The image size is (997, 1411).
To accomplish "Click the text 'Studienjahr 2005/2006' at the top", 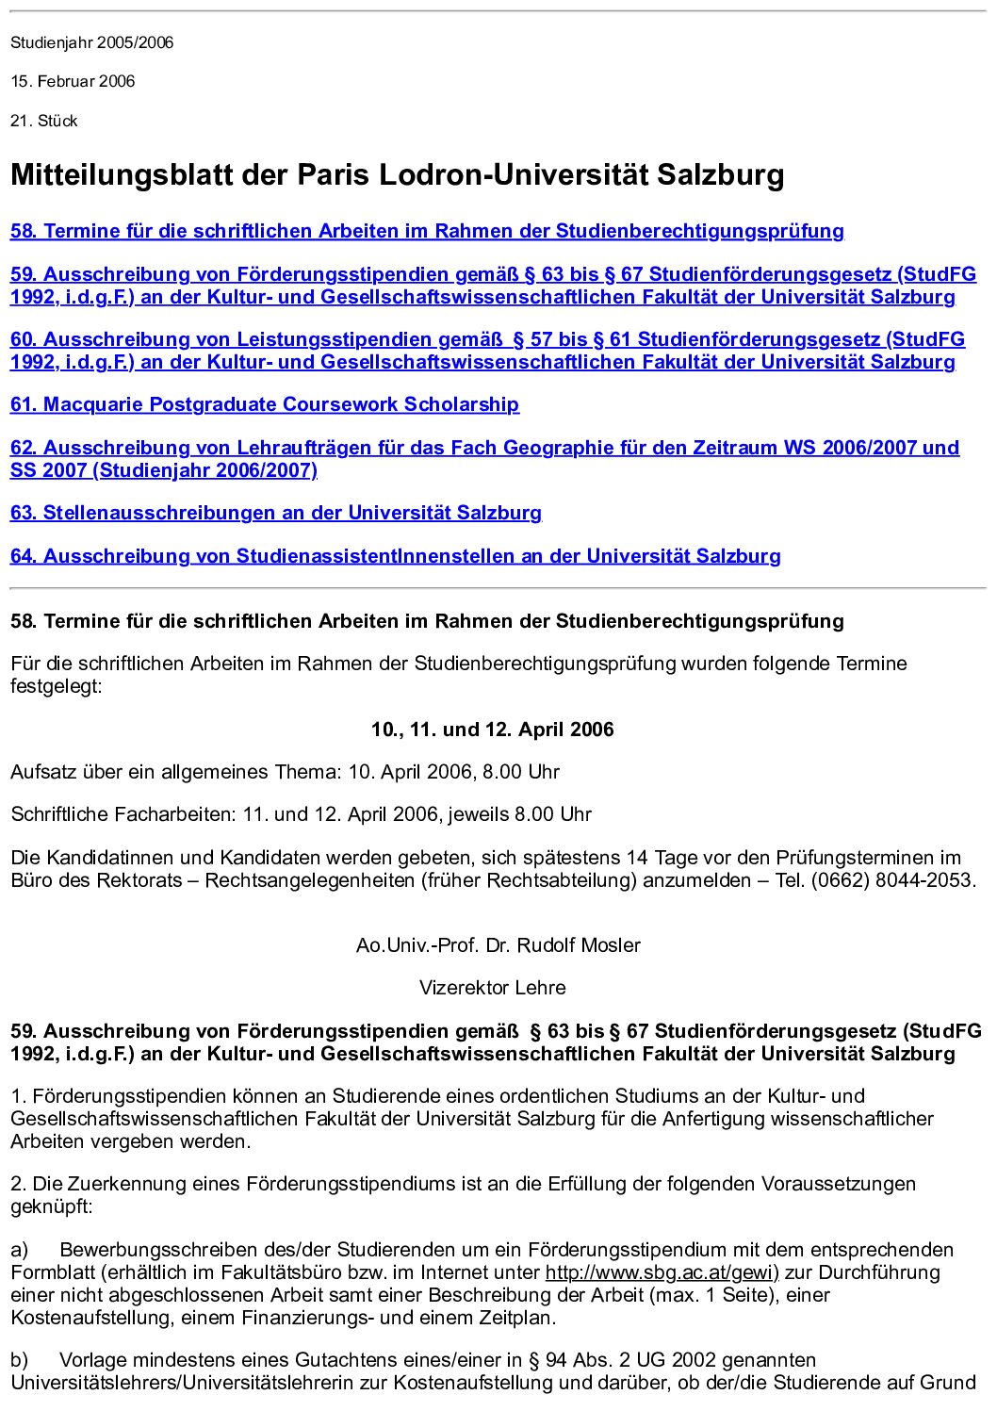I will [x=91, y=42].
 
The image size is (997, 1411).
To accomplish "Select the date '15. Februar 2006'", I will [x=73, y=81].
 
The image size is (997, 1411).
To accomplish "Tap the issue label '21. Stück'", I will [x=43, y=121].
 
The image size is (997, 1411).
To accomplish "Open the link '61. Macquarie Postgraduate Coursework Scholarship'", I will [x=264, y=404].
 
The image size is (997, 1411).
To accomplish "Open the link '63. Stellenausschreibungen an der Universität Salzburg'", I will [x=275, y=513].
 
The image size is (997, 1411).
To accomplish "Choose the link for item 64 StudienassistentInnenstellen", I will [x=395, y=556].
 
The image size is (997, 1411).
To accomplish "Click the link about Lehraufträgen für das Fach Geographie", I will [x=484, y=448].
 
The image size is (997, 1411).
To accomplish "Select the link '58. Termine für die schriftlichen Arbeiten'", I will [x=426, y=231].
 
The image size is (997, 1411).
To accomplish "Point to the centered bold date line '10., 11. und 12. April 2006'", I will [x=492, y=730].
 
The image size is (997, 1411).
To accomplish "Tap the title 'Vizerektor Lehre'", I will [x=492, y=988].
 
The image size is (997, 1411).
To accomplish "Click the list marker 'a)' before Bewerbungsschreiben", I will [x=19, y=1250].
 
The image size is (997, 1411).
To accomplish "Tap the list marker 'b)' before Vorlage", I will [x=19, y=1360].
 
